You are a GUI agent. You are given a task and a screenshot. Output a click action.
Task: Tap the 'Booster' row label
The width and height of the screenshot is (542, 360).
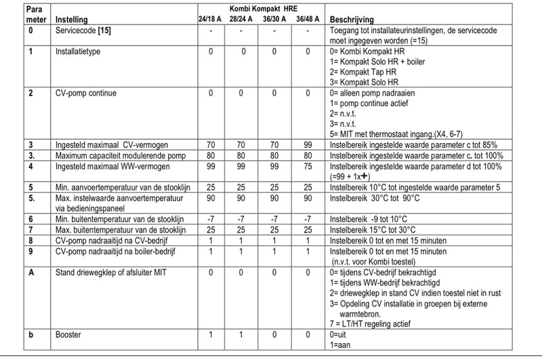68,334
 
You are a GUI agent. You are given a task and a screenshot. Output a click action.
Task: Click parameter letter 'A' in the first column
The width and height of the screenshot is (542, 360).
30,271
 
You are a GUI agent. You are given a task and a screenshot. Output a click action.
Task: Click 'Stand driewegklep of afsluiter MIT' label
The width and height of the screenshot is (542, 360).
108,271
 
